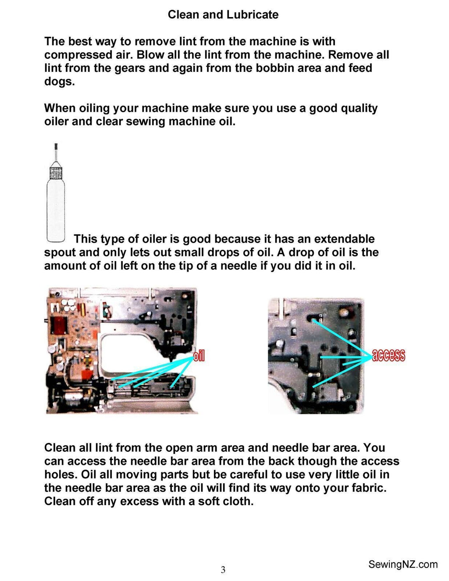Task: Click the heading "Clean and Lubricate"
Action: [x=223, y=14]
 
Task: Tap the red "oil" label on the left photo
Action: [x=199, y=356]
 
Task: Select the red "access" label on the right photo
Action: [x=388, y=355]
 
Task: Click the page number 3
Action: [x=223, y=570]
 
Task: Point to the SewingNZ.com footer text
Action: [x=403, y=564]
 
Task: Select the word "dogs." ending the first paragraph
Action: [x=59, y=81]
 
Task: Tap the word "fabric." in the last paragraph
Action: [x=366, y=488]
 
